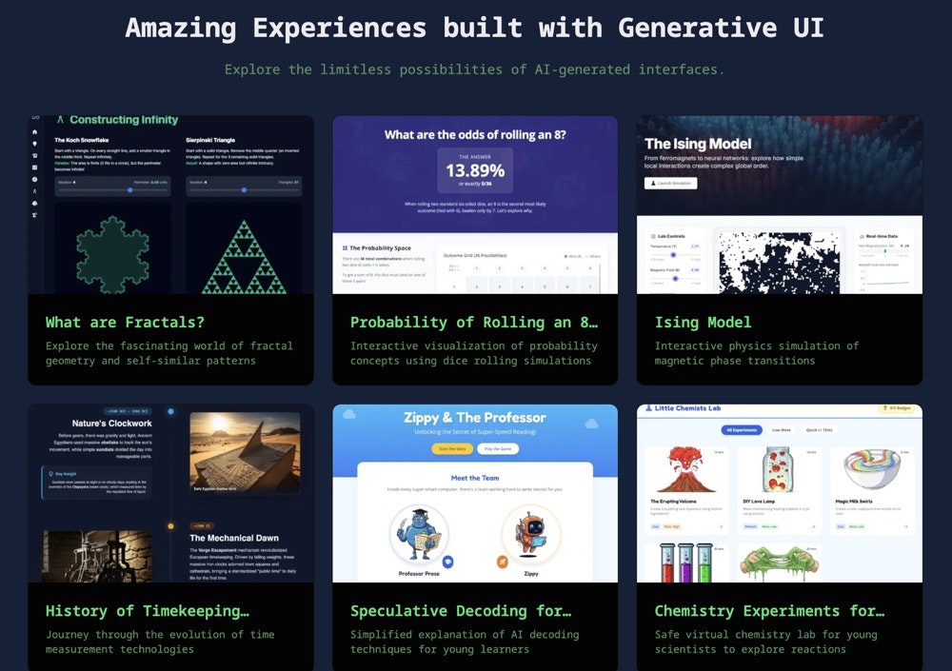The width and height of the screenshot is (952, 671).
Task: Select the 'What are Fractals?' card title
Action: tap(125, 323)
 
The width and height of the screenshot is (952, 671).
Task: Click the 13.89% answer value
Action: tap(475, 171)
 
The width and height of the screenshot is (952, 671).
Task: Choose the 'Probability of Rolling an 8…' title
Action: tap(474, 323)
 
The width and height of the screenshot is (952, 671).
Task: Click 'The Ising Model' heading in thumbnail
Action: tap(698, 144)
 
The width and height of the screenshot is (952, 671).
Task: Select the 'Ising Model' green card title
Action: tap(703, 323)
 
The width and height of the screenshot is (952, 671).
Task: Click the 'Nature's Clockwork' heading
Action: tap(111, 424)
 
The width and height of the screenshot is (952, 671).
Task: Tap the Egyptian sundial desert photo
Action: tap(245, 452)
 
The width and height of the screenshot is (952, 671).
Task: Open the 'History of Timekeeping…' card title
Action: tap(147, 611)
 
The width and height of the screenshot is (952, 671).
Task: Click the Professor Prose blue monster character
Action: tap(419, 537)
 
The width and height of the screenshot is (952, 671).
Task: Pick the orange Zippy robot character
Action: tap(531, 537)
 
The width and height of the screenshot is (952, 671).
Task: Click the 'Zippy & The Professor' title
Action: tap(474, 418)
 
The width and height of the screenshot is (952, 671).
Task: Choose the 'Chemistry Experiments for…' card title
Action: tap(769, 611)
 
